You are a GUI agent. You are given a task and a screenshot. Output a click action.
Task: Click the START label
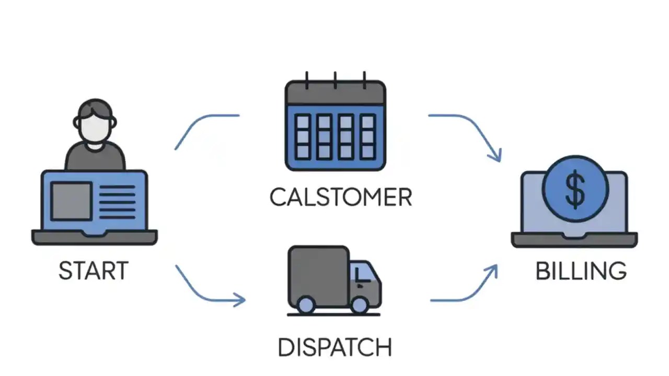tap(93, 271)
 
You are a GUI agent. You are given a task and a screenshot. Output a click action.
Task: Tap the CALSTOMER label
tap(340, 197)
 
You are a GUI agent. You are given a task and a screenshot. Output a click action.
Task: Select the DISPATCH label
tap(334, 347)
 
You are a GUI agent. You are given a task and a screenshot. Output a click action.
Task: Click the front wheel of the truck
tap(360, 304)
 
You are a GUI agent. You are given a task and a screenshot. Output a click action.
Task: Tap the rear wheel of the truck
tap(305, 304)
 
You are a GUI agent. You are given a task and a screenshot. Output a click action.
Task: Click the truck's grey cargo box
tap(318, 272)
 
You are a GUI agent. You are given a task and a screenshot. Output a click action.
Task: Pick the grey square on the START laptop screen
tap(71, 201)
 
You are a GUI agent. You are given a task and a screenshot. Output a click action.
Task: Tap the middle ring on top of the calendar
tap(335, 79)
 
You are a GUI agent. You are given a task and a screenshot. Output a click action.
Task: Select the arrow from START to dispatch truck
tap(209, 290)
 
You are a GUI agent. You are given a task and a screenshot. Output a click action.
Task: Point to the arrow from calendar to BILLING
tap(470, 131)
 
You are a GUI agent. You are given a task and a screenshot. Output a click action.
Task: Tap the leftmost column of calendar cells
tap(303, 137)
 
